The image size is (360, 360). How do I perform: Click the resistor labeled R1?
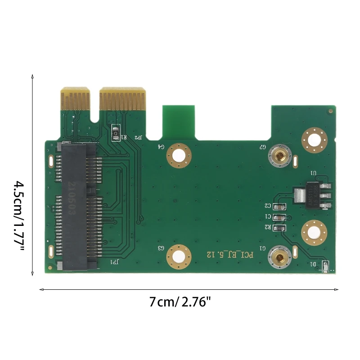tap(116, 134)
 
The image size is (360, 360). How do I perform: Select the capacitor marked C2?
tap(280, 207)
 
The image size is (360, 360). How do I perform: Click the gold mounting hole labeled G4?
tap(179, 156)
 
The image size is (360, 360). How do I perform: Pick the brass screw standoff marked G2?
tap(279, 157)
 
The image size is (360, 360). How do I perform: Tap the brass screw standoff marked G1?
tap(279, 258)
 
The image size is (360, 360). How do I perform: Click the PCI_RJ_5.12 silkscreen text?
tap(231, 255)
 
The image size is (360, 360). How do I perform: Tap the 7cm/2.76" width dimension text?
tap(180, 302)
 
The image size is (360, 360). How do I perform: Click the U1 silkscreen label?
tap(314, 173)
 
